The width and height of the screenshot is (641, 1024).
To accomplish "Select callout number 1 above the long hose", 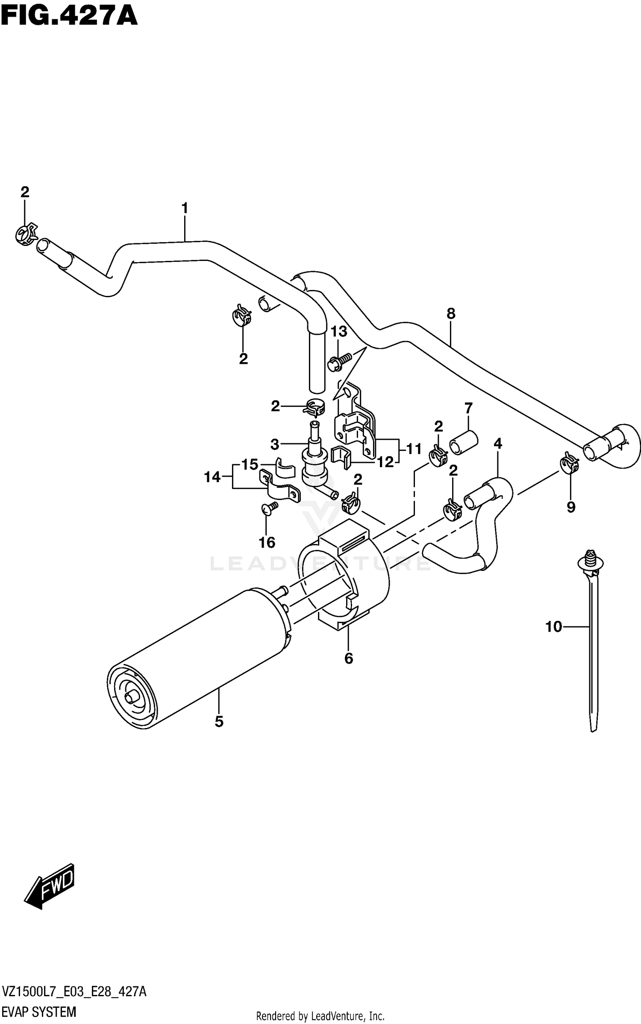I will click(185, 209).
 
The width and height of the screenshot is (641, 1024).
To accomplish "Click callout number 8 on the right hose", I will click(451, 314).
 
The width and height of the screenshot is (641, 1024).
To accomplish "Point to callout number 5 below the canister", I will click(219, 722).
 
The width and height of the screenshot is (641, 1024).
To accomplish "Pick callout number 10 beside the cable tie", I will click(553, 627).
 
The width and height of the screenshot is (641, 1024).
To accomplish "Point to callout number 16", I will click(267, 543).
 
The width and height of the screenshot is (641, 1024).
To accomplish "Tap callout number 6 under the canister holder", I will click(349, 658).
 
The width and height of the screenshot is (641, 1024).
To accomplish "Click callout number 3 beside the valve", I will click(275, 445).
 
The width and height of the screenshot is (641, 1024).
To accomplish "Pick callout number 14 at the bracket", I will click(212, 477).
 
